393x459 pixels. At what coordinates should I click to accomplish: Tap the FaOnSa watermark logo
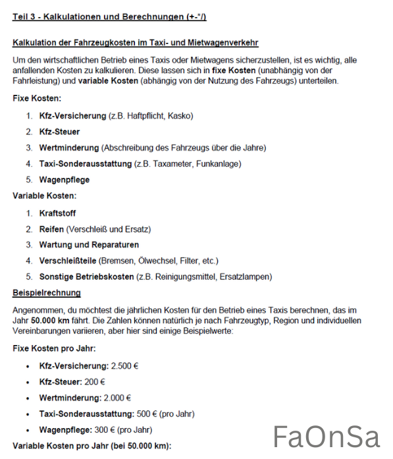327,436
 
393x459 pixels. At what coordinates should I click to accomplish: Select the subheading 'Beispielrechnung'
47,292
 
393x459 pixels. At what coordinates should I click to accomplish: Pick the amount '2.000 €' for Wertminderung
117,398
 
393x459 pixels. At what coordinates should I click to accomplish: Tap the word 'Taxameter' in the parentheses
172,163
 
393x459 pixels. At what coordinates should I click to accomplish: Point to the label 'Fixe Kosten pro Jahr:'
54,348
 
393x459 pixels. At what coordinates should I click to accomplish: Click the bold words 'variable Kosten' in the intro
107,81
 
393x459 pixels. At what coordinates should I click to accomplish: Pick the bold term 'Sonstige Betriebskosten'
86,277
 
